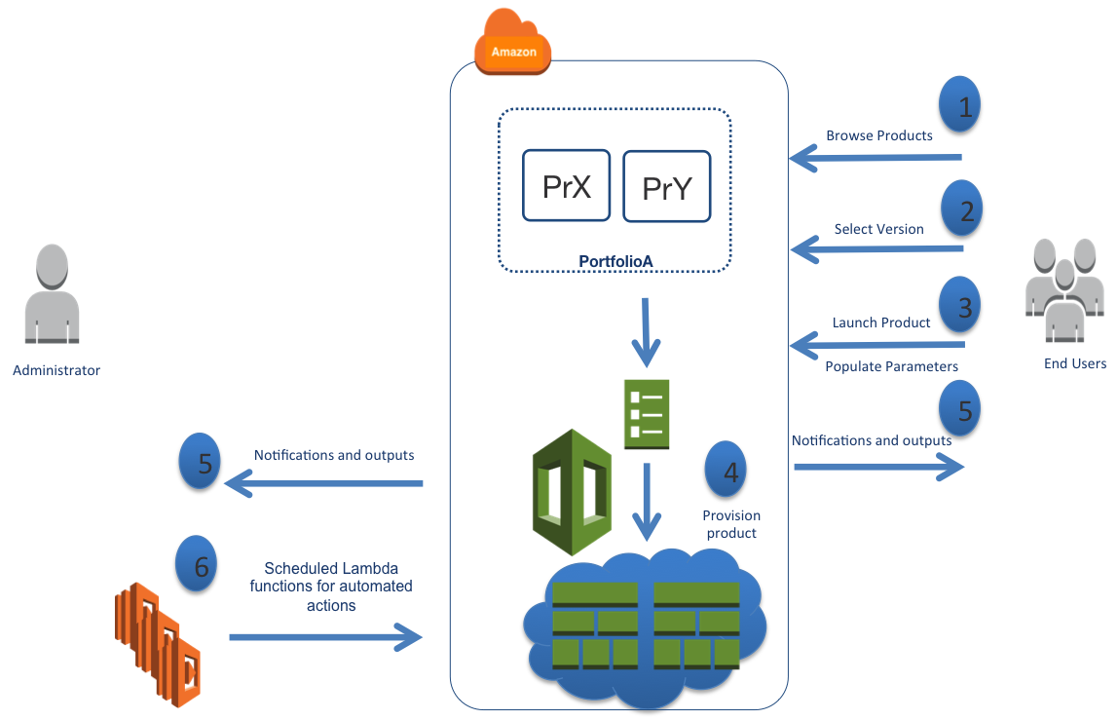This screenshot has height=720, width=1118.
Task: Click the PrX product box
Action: (566, 185)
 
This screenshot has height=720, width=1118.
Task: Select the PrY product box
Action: (666, 187)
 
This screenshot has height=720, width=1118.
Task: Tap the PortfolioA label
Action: (615, 261)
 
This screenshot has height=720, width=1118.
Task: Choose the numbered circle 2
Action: (961, 208)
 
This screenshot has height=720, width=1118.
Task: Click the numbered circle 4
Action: (727, 470)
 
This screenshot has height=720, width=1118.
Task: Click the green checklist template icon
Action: (645, 413)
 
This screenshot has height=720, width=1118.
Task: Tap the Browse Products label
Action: (878, 135)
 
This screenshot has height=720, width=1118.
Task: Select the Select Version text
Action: (878, 229)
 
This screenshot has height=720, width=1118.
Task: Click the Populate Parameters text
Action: (891, 366)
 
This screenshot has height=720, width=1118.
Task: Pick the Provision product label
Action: (730, 524)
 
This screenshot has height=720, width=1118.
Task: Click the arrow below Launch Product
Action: (876, 344)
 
